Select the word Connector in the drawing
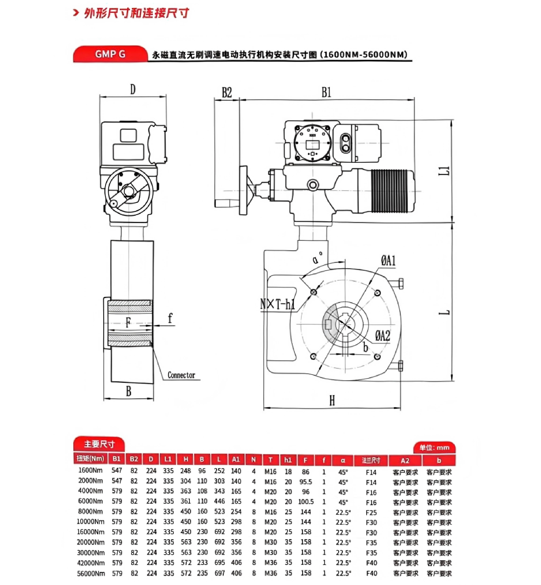pyautogui.click(x=181, y=375)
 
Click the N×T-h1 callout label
pyautogui.click(x=278, y=304)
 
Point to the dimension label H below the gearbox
pyautogui.click(x=332, y=401)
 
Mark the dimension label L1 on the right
pyautogui.click(x=444, y=171)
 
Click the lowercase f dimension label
pyautogui.click(x=170, y=318)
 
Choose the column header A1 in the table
pyautogui.click(x=236, y=459)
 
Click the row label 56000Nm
pyautogui.click(x=91, y=573)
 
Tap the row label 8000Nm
pyautogui.click(x=90, y=512)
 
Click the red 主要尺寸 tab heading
pyautogui.click(x=99, y=444)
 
